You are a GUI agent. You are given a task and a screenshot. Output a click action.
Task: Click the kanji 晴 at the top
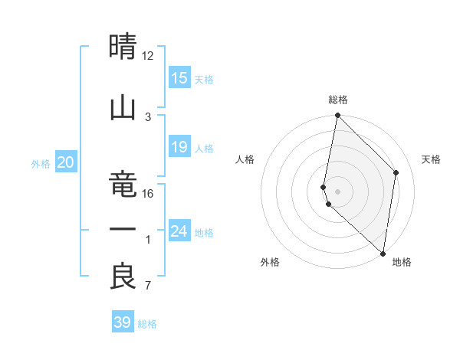123,47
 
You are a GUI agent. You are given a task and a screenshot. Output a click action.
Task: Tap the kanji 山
123,107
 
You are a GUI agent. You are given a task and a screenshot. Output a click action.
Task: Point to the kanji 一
123,230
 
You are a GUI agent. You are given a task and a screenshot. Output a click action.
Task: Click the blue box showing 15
179,78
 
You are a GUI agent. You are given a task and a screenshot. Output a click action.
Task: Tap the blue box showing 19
179,147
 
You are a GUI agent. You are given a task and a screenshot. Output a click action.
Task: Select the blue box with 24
179,231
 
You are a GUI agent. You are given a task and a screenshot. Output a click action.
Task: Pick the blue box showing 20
65,162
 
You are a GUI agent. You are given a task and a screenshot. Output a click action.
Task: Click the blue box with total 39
123,322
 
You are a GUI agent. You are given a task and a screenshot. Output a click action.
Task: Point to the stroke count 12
148,55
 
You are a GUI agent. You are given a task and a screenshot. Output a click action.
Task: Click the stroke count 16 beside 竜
148,193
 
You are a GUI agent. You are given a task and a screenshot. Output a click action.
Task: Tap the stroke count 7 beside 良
148,286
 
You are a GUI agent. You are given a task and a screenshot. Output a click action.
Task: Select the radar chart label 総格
338,100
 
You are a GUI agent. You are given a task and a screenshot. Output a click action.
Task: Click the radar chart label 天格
431,159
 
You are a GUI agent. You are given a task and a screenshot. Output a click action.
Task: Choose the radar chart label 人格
245,159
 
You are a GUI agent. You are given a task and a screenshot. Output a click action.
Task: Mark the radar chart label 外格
270,263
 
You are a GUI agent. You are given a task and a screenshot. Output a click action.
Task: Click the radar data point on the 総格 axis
337,116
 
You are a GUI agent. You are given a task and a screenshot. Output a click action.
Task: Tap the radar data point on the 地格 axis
383,254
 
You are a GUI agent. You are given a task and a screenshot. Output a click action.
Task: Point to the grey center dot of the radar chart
338,191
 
